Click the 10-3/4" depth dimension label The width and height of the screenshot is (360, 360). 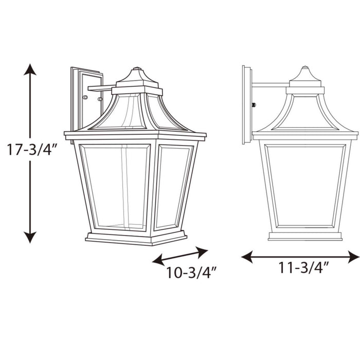[190, 273]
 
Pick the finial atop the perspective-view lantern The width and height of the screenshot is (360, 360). [137, 69]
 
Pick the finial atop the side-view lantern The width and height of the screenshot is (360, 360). [305, 68]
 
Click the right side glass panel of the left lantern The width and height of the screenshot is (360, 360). [174, 186]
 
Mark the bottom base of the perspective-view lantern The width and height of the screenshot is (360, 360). [136, 238]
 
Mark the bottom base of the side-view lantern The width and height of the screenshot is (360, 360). [305, 236]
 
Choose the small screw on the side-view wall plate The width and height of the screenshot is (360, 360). [254, 105]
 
